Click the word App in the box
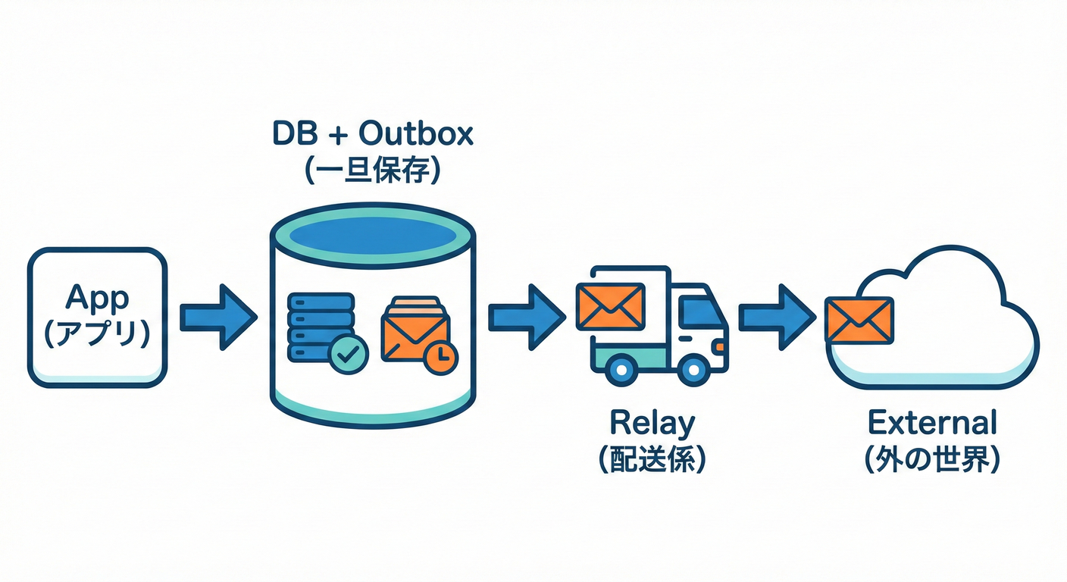point(97,300)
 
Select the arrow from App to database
point(217,318)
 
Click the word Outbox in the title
point(416,134)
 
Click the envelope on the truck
point(610,306)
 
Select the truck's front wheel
point(692,370)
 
